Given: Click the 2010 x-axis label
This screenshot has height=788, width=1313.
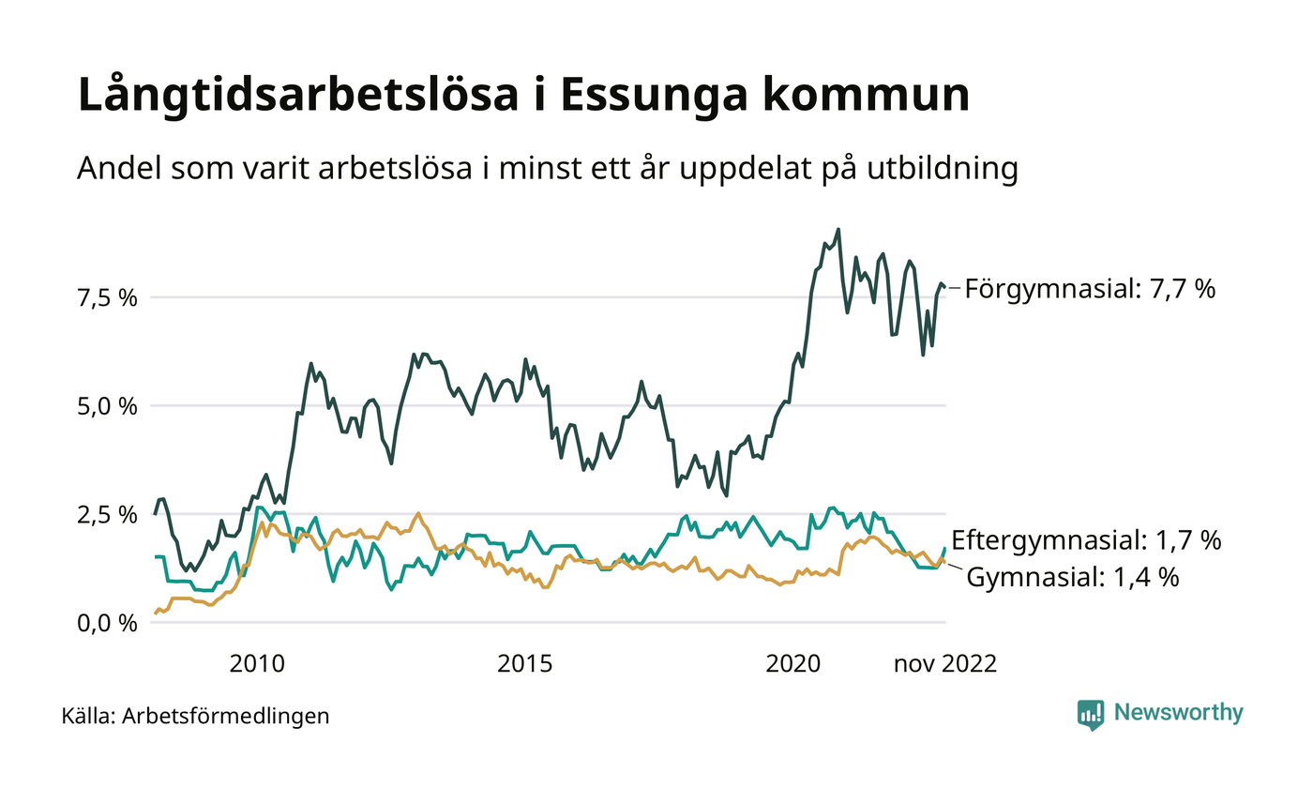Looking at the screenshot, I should (257, 664).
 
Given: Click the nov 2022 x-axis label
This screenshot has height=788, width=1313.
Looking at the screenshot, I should (944, 664).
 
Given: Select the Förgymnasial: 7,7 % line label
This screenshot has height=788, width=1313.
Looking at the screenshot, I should (1090, 289).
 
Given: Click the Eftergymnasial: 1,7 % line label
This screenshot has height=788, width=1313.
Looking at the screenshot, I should (1086, 540).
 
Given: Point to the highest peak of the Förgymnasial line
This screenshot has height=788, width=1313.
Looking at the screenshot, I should (838, 229).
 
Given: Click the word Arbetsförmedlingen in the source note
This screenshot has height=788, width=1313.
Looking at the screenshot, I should (226, 717).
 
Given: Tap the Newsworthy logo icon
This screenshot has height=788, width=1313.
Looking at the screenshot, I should (1091, 714).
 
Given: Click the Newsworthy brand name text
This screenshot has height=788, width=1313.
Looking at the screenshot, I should (1178, 713).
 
